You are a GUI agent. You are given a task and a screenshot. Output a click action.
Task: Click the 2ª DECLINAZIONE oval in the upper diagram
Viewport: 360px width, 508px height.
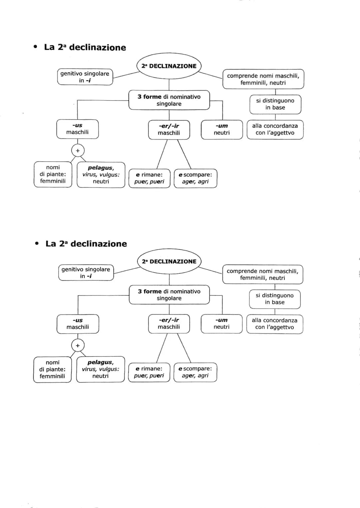(x=169, y=66)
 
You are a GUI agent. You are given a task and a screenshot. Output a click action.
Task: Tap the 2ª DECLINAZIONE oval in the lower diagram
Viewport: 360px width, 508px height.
(x=169, y=261)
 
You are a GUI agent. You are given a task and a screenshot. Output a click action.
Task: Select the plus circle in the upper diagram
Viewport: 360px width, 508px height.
(x=78, y=151)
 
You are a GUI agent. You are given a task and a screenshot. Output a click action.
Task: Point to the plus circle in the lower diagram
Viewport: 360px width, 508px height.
(x=78, y=345)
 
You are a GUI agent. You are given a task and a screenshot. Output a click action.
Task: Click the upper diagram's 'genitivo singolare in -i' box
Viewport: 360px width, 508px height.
(x=85, y=77)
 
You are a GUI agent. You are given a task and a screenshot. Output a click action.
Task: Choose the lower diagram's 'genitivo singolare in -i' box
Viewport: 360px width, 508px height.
(x=86, y=272)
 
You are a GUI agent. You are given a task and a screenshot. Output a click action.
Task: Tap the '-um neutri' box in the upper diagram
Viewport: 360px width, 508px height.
(x=222, y=129)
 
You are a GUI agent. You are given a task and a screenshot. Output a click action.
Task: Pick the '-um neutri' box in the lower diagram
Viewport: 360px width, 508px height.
(x=222, y=323)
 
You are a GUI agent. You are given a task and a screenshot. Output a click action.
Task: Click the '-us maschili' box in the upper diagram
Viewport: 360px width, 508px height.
(x=77, y=129)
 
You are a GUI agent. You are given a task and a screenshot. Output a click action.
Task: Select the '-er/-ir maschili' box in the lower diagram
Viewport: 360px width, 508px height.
(x=169, y=323)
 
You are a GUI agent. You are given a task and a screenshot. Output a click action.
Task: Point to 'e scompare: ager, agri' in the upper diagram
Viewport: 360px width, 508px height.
(x=195, y=178)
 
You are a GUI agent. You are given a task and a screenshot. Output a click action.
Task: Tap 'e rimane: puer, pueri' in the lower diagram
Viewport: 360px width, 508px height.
(x=149, y=372)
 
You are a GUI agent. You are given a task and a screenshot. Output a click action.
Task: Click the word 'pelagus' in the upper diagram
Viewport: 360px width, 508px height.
(x=100, y=168)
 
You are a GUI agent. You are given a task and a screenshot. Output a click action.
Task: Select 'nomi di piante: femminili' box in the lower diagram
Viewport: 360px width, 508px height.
(x=52, y=369)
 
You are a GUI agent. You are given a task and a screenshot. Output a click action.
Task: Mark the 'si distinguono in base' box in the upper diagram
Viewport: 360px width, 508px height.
(x=275, y=104)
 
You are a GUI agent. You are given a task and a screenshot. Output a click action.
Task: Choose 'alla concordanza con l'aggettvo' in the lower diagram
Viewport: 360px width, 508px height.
(x=275, y=324)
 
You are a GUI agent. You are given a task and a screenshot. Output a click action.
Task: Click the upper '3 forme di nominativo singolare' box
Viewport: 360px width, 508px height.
(x=169, y=100)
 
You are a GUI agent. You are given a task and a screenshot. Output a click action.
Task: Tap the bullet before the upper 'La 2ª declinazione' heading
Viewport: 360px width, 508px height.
(x=35, y=47)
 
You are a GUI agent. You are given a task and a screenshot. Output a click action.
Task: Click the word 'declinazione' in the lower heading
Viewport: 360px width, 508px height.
(x=99, y=244)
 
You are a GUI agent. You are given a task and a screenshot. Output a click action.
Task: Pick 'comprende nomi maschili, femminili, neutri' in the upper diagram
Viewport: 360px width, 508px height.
(x=263, y=79)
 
